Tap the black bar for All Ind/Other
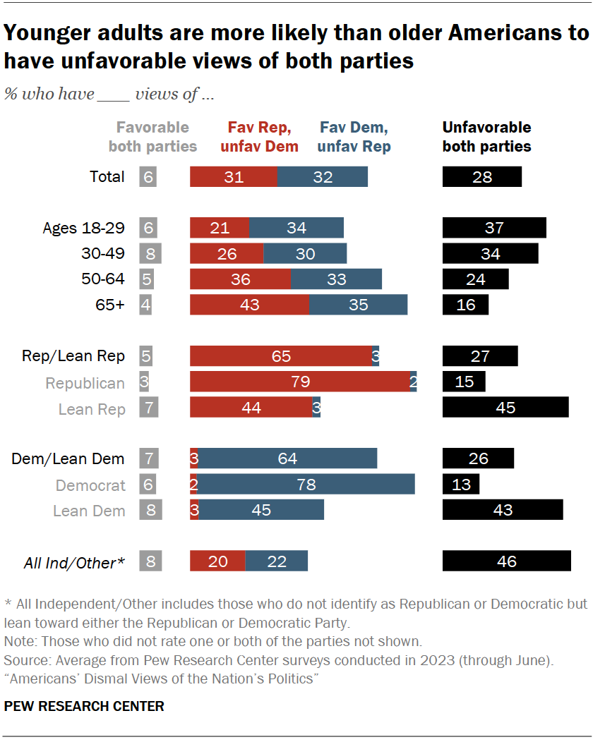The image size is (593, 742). click(506, 561)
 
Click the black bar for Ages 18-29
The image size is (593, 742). click(494, 228)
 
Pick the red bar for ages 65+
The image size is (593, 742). click(249, 305)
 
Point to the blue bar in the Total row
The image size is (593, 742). click(323, 177)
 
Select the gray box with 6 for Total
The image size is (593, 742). click(148, 177)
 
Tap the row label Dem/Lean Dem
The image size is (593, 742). click(68, 459)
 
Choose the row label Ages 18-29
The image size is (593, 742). click(83, 228)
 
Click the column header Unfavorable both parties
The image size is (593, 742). click(486, 137)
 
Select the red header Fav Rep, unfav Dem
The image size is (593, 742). click(259, 137)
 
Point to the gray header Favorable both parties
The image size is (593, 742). click(152, 137)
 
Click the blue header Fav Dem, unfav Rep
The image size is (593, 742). click(354, 137)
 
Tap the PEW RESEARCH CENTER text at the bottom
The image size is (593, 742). click(84, 706)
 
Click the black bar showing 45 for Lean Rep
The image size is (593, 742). click(505, 408)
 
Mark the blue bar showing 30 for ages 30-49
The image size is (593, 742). click(305, 253)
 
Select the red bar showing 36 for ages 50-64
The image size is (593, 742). click(240, 279)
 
